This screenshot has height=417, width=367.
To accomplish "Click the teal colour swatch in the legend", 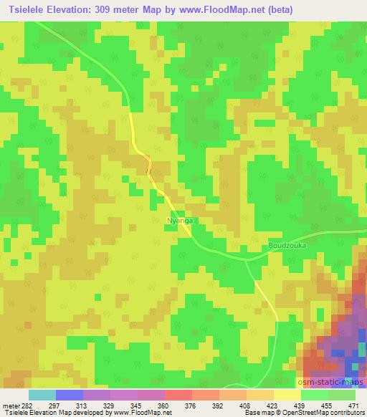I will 42,395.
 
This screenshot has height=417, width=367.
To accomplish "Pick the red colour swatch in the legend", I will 178,395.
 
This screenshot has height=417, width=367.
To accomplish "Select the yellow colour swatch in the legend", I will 287,395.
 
